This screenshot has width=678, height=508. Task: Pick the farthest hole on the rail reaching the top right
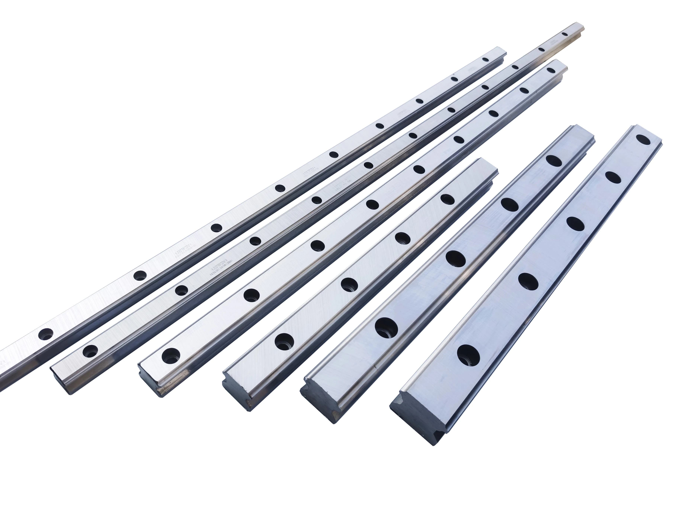[565, 34]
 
